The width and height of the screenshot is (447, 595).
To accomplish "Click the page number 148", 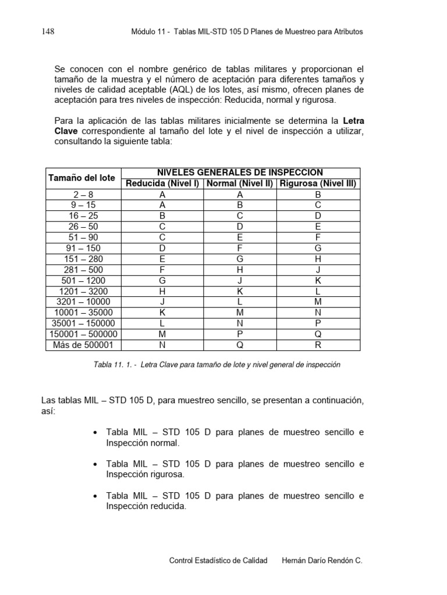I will pyautogui.click(x=48, y=32).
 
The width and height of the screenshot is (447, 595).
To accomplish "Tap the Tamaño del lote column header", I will pyautogui.click(x=81, y=178).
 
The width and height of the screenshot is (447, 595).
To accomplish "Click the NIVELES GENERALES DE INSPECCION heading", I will pyautogui.click(x=240, y=173).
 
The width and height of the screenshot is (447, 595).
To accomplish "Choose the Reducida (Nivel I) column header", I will pyautogui.click(x=162, y=184).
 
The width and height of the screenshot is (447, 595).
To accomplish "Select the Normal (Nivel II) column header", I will pyautogui.click(x=240, y=184).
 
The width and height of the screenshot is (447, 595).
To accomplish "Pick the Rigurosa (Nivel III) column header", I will pyautogui.click(x=318, y=184).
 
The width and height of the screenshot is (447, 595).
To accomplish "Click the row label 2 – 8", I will pyautogui.click(x=81, y=195).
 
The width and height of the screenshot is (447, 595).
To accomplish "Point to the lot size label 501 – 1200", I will pyautogui.click(x=81, y=280).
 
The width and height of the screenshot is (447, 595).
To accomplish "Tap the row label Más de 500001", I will pyautogui.click(x=81, y=345).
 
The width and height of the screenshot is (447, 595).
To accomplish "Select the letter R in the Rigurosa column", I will pyautogui.click(x=318, y=345).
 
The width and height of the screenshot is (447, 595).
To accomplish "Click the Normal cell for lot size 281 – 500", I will pyautogui.click(x=240, y=270).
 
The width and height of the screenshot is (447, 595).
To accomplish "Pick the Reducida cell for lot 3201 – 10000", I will pyautogui.click(x=162, y=302).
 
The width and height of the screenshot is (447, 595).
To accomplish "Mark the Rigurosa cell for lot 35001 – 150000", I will pyautogui.click(x=318, y=324).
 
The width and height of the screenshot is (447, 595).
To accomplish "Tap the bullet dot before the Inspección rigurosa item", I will pyautogui.click(x=95, y=464).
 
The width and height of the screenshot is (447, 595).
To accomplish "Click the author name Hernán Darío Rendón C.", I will pyautogui.click(x=322, y=561).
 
